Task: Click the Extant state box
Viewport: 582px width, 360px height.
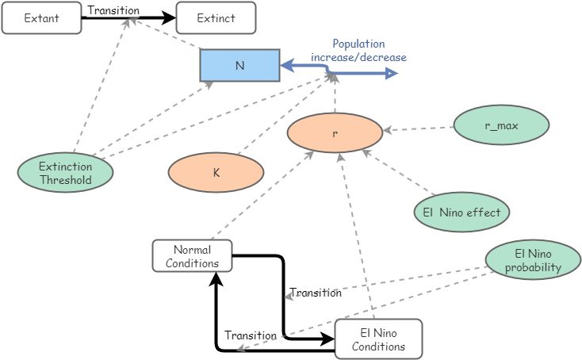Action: [41, 17]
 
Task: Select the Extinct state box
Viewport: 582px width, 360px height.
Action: [216, 17]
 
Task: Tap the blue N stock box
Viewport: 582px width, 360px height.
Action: [239, 66]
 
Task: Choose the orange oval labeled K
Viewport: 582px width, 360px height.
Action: [216, 171]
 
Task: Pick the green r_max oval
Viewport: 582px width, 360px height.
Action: [501, 125]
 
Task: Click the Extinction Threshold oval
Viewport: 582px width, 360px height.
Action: [65, 173]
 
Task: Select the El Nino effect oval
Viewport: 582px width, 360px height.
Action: [461, 212]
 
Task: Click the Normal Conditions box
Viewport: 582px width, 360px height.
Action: [192, 255]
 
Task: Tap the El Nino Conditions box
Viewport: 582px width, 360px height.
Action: [379, 339]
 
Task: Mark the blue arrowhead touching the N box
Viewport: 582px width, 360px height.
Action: [287, 66]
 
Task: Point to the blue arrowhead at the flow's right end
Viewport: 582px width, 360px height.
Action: [391, 74]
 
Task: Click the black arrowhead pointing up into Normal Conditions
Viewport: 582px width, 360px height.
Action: [216, 278]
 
